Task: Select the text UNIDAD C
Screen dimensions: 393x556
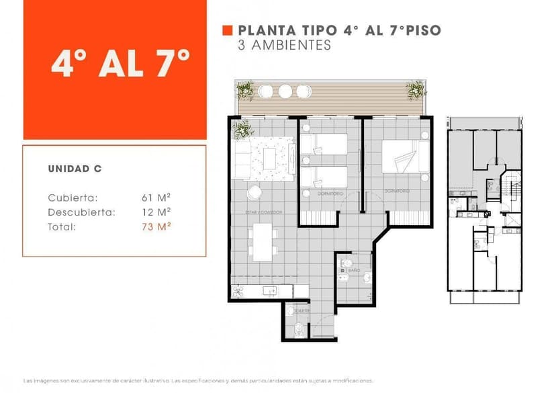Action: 75,169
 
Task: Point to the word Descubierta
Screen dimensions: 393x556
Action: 81,212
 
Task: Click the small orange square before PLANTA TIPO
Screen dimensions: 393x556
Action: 227,31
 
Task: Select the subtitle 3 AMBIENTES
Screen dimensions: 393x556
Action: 285,46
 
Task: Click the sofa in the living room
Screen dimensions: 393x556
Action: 242,159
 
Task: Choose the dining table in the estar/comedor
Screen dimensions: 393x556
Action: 263,242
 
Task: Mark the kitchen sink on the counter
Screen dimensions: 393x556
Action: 269,291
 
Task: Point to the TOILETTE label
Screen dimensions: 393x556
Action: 301,311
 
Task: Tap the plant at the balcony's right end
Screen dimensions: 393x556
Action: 416,89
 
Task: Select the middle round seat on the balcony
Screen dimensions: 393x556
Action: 285,91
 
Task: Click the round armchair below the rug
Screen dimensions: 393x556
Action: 254,193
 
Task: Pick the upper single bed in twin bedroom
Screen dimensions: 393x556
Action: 324,144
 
